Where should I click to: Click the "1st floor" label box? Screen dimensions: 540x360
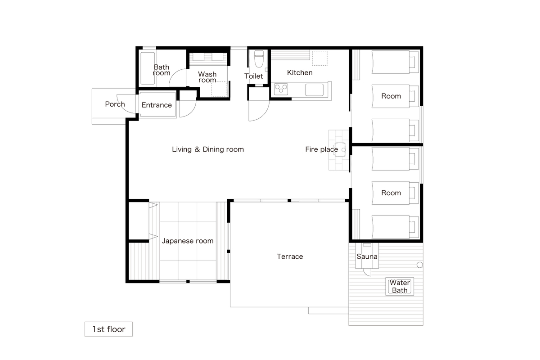click(x=108, y=329)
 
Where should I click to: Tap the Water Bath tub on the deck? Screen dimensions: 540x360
click(x=400, y=287)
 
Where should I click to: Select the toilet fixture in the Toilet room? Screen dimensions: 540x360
click(x=259, y=59)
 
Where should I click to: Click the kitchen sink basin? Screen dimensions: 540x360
click(x=315, y=90)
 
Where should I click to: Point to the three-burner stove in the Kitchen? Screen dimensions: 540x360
click(x=281, y=89)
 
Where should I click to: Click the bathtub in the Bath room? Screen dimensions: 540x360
click(x=148, y=68)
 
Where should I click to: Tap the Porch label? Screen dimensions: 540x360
click(x=115, y=104)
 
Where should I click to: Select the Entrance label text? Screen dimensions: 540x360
click(x=157, y=105)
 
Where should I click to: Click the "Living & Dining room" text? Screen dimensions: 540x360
click(x=208, y=149)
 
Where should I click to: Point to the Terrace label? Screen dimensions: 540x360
click(x=290, y=256)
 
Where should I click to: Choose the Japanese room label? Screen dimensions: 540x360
click(x=188, y=241)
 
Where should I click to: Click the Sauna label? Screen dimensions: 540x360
click(x=367, y=256)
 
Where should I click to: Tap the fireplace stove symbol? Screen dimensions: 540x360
click(x=340, y=149)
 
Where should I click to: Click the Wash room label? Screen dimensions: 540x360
click(x=207, y=77)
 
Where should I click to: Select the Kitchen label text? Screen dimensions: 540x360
click(x=300, y=72)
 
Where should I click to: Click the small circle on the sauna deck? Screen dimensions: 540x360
click(x=420, y=265)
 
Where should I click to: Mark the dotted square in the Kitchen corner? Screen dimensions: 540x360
click(x=320, y=58)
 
